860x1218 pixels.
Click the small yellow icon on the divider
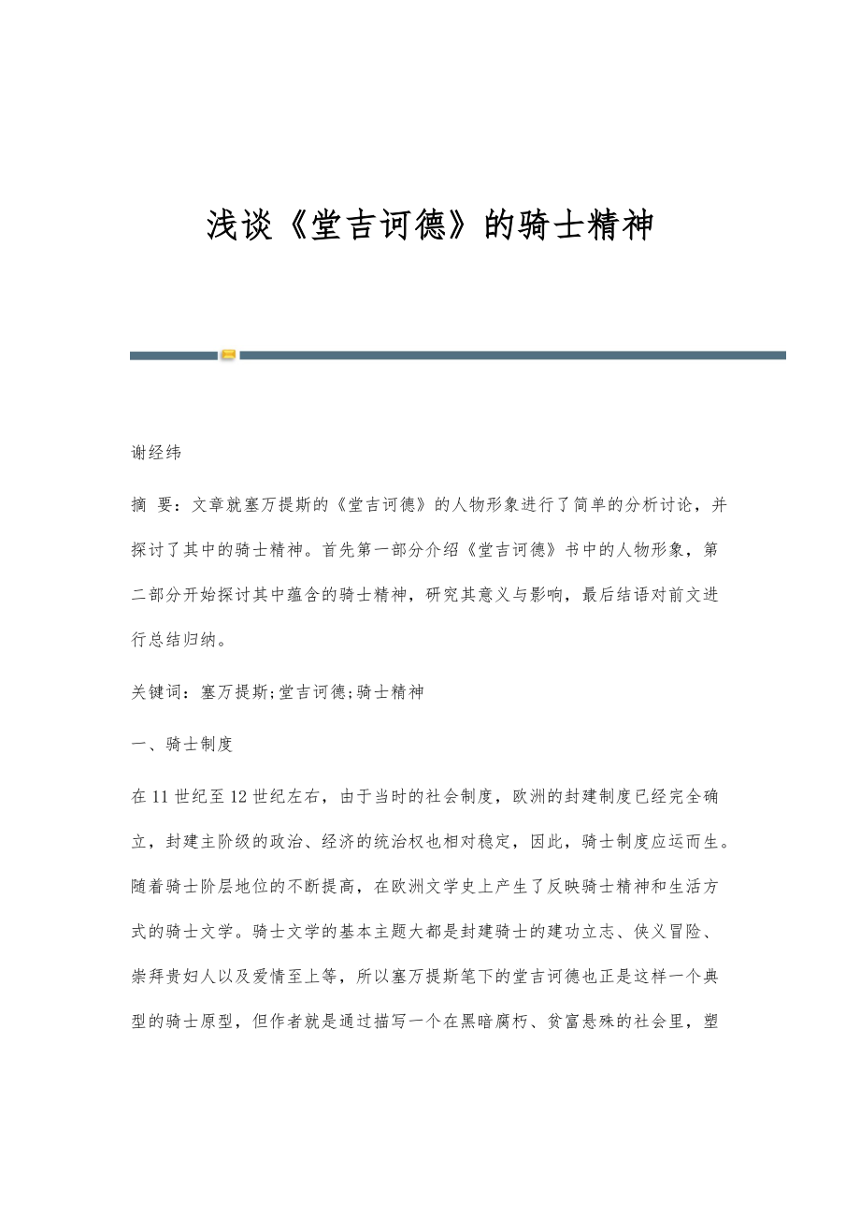[x=228, y=355]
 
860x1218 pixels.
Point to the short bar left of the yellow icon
[x=173, y=355]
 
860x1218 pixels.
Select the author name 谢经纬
[x=156, y=454]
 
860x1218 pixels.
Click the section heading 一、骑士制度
[x=182, y=745]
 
